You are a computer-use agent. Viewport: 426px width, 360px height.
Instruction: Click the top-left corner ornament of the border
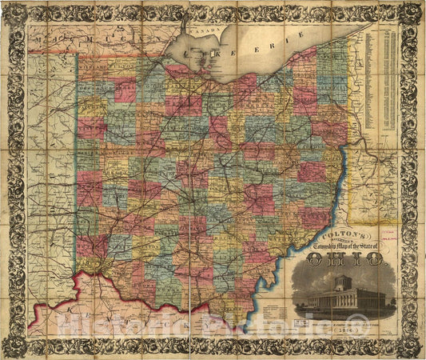coord(13,13)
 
